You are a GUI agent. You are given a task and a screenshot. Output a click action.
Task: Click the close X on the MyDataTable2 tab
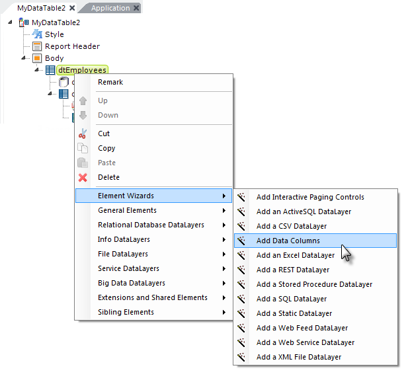point(72,8)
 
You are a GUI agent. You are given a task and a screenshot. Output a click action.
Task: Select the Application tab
point(110,8)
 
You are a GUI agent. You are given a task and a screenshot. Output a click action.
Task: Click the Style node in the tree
point(54,34)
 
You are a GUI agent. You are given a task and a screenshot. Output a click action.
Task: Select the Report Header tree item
point(72,46)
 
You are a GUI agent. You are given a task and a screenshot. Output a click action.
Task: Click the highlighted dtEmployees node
point(82,70)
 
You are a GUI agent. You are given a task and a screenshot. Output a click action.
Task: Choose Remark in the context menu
point(110,82)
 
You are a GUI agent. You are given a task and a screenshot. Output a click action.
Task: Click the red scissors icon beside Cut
point(83,134)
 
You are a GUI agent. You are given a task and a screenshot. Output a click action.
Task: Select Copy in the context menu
point(106,148)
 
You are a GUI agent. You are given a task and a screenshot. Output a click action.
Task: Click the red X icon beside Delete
point(83,178)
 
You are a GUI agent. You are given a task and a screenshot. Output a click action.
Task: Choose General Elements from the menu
point(127,210)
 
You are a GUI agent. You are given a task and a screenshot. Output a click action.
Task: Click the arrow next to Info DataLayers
point(224,240)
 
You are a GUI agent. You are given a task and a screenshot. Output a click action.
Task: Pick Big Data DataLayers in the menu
point(132,283)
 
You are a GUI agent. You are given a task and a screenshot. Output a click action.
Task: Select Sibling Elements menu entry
point(126,312)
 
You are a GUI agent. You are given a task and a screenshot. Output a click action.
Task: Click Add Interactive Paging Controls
point(310,197)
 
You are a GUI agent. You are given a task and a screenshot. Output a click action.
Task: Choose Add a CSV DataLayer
point(292,226)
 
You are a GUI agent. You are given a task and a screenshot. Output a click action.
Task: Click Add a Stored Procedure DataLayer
point(314,284)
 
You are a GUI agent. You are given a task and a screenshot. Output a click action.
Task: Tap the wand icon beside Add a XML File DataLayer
point(241,357)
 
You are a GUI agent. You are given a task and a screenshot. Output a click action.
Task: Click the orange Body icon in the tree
point(37,58)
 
